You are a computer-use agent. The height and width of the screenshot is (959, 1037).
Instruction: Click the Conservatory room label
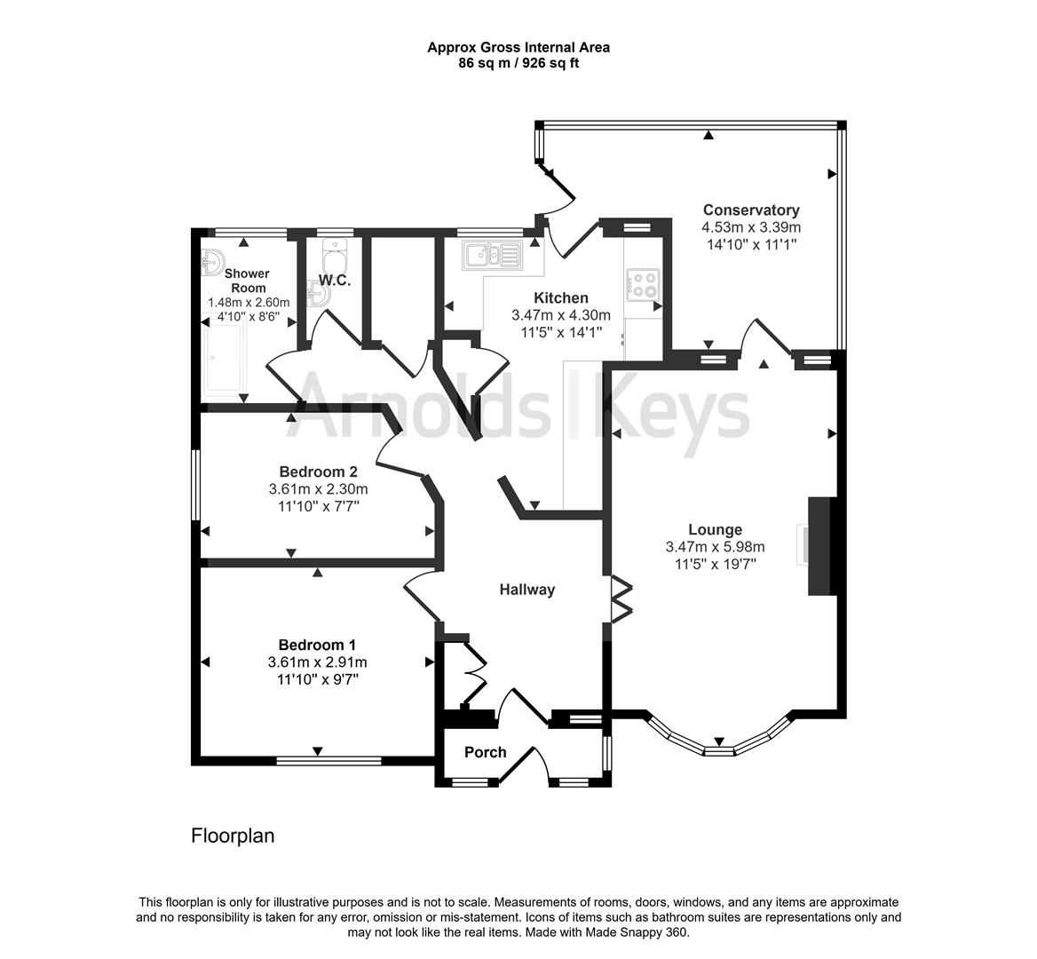751,210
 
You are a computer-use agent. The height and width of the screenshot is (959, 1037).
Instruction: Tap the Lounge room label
715,530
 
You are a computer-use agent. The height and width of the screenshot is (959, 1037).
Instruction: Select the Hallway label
526,590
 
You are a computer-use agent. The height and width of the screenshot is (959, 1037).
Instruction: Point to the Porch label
486,752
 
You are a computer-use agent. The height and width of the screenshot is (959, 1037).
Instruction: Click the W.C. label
335,281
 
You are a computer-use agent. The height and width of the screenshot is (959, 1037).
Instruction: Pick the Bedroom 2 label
318,472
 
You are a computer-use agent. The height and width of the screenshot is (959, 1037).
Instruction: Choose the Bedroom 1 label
317,645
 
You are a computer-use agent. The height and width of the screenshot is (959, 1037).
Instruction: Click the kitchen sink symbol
490,256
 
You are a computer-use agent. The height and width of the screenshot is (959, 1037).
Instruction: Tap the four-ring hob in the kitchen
642,283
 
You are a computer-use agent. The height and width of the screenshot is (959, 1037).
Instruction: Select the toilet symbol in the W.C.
335,262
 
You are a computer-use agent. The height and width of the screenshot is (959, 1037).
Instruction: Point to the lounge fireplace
818,546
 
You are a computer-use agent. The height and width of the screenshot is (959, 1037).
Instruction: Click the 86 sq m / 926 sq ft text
518,63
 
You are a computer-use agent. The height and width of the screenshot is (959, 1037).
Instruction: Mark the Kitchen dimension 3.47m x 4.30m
561,315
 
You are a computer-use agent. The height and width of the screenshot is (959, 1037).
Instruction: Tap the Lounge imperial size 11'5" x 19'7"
715,563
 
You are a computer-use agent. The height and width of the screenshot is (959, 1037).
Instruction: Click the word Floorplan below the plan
233,836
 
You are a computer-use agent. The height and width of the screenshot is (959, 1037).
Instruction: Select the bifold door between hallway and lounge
621,601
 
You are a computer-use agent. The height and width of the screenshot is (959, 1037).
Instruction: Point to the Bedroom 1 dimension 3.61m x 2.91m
317,662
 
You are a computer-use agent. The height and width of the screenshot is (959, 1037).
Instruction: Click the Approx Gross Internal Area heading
518,48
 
